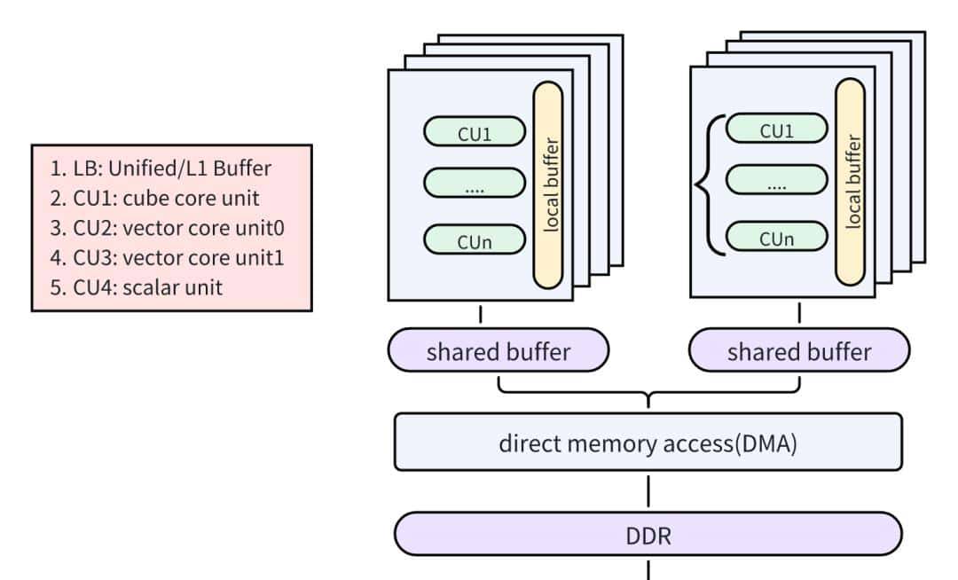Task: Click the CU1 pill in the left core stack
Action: coord(475,134)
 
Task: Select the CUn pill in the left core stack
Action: coord(475,240)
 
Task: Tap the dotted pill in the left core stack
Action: coord(475,184)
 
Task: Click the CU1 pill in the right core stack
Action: coord(776,129)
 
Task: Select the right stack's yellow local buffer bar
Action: coord(851,182)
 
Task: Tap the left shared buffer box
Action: coord(499,351)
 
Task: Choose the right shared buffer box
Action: coord(799,351)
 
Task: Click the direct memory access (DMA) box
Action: coord(648,441)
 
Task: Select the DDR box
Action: coord(648,534)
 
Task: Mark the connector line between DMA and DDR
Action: coord(648,490)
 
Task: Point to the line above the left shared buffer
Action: coord(481,314)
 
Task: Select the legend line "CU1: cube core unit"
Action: coord(153,199)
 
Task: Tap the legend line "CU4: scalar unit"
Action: coord(136,287)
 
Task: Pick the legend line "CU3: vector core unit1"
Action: coord(167,258)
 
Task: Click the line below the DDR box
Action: coord(648,569)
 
